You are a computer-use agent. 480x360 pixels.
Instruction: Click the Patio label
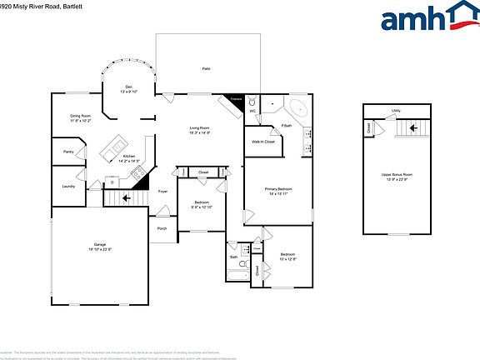coord(206,67)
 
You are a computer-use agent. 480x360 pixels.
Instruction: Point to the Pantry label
coord(68,152)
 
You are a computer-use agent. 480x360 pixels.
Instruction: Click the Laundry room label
coord(68,186)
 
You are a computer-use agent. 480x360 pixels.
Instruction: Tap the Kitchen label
coord(129,157)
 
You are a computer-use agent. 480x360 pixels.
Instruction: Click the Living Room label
coord(198,128)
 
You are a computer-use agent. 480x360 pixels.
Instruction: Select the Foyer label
coord(163,191)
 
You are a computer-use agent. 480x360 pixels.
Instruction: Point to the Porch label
coord(162,227)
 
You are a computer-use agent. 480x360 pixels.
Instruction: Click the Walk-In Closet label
coord(263,142)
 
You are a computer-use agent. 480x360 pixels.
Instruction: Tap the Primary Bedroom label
coord(278,190)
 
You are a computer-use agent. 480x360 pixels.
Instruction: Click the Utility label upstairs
coord(397,110)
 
